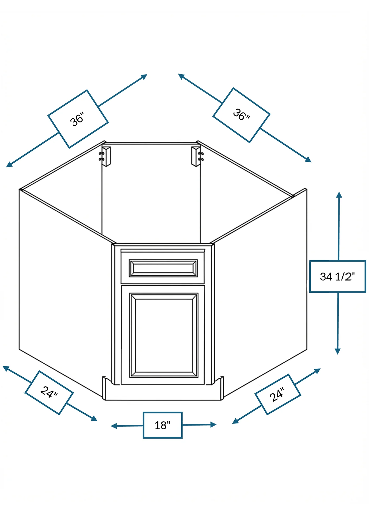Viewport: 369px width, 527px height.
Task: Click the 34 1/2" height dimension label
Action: (338, 276)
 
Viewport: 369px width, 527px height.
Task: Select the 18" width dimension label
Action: (163, 425)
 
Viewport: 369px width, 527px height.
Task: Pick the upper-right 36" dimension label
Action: (241, 115)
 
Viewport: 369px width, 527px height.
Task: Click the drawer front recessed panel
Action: (163, 268)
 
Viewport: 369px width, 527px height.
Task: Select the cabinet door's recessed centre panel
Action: (164, 335)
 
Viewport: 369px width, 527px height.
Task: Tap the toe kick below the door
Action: (163, 392)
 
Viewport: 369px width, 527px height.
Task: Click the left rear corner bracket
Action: (106, 157)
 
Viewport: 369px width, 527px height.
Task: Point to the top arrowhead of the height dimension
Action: (339, 195)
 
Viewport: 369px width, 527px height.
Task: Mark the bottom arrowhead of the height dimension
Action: (338, 351)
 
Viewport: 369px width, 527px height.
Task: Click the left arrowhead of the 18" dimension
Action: (114, 426)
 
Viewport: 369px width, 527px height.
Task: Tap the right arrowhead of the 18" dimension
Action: (213, 424)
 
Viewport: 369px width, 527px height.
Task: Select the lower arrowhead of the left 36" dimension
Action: (9, 165)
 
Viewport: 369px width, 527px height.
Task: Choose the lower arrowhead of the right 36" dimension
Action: (308, 159)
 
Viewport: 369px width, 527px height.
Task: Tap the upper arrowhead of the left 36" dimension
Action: (144, 77)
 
